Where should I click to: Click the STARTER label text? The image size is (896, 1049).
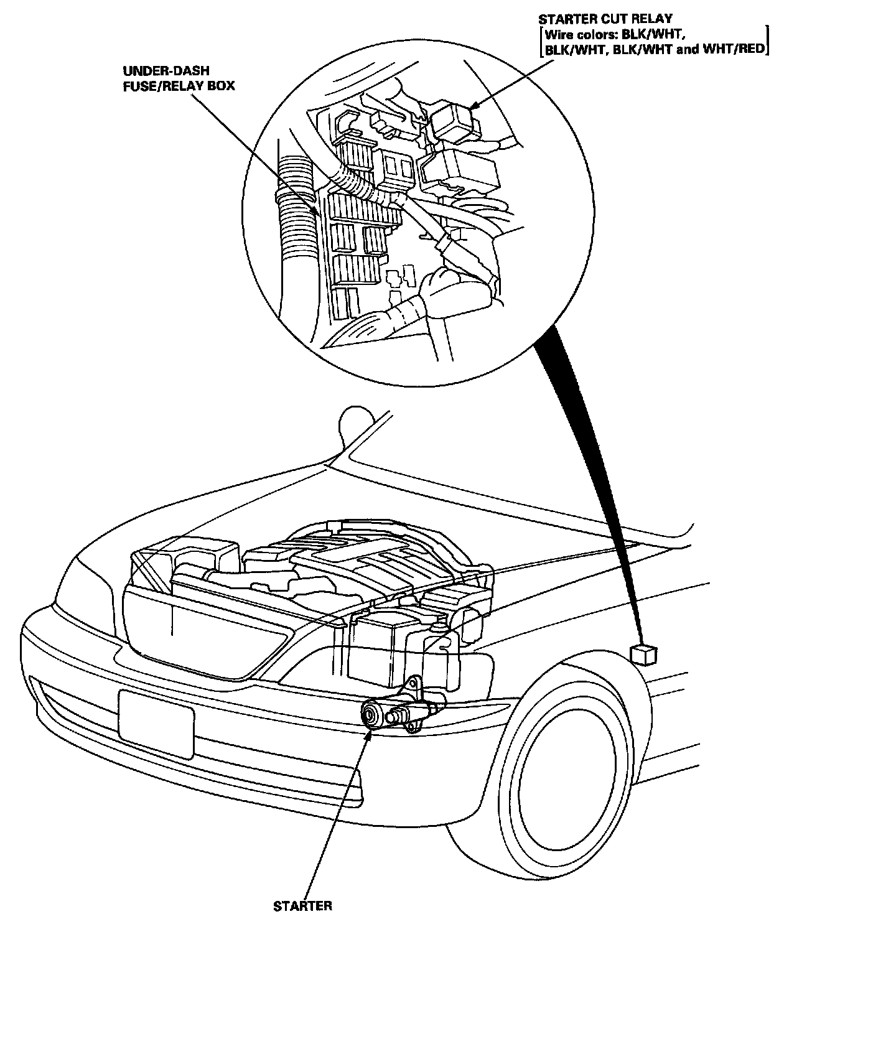[x=302, y=906]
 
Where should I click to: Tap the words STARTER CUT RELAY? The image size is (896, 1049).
[x=605, y=19]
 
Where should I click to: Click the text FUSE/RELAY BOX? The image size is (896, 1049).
[x=178, y=86]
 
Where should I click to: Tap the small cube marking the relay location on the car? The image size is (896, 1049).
[x=643, y=655]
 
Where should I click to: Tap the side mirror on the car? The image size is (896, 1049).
[x=353, y=425]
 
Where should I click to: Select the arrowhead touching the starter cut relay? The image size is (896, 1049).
[x=474, y=106]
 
